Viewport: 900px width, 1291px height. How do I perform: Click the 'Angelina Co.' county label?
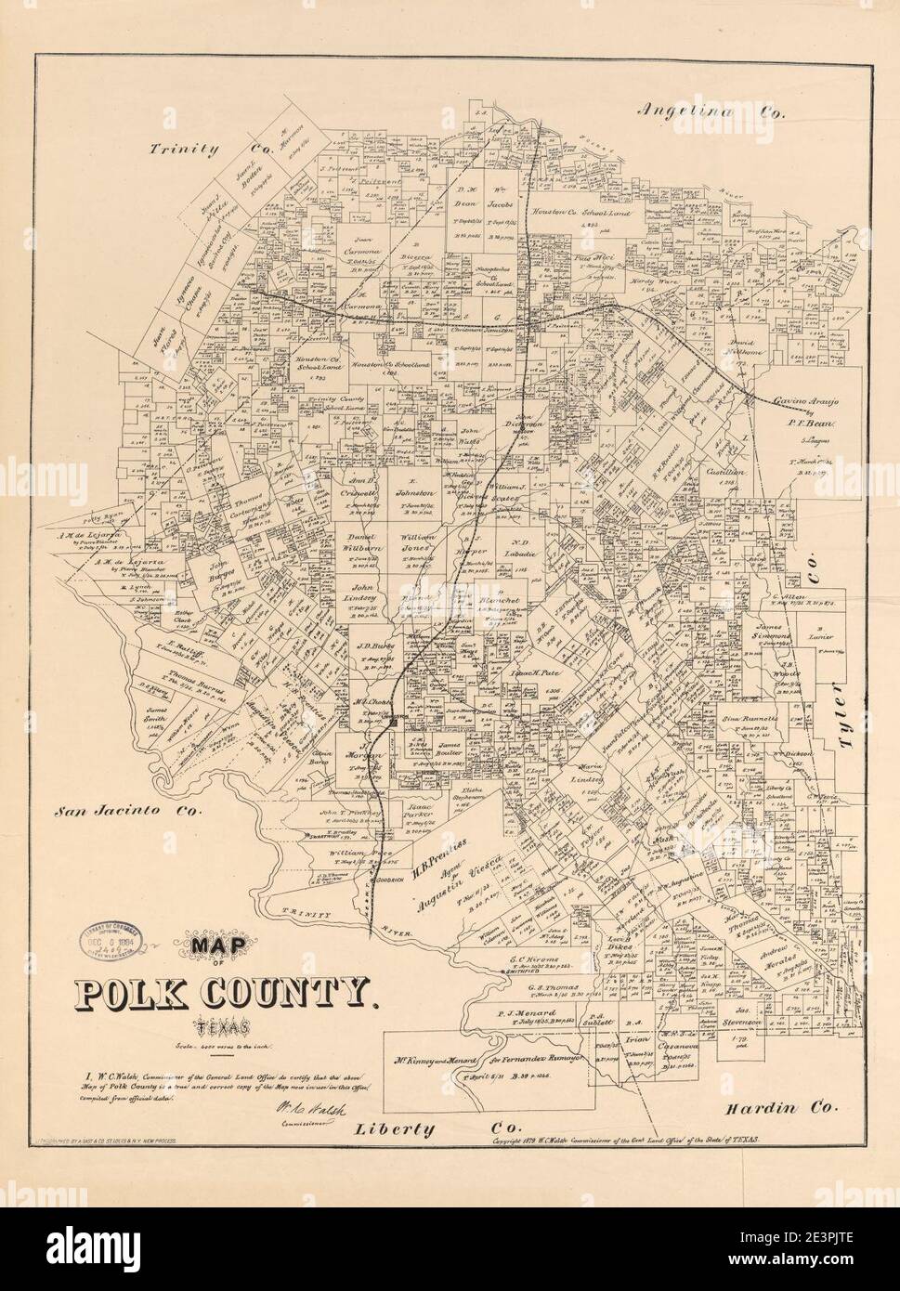pyautogui.click(x=711, y=111)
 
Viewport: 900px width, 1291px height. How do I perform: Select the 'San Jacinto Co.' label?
pyautogui.click(x=127, y=810)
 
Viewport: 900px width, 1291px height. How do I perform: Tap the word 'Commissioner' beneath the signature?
pyautogui.click(x=306, y=1123)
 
